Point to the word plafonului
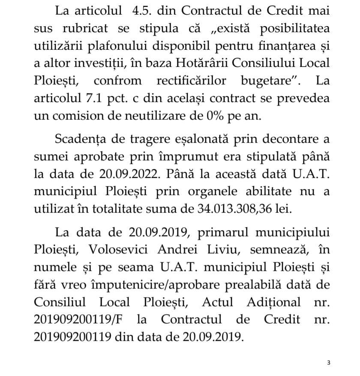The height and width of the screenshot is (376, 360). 125,47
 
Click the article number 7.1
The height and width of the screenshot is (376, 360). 93,98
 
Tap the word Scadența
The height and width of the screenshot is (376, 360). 82,139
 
